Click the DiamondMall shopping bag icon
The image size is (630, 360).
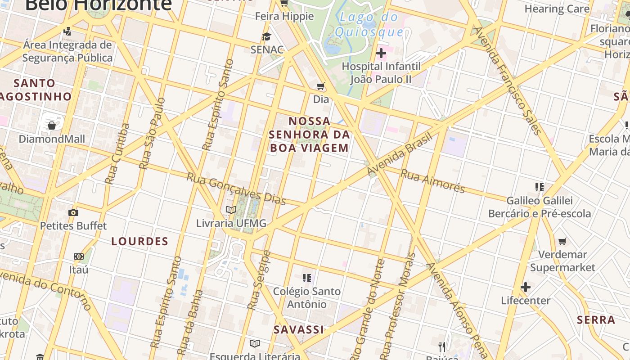tap(52, 126)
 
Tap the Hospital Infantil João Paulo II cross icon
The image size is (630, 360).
tap(381, 54)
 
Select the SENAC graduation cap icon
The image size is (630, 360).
tap(267, 36)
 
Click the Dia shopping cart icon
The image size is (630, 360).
tap(321, 86)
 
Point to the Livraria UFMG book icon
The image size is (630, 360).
tap(231, 210)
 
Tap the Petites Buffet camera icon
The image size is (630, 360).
tap(73, 212)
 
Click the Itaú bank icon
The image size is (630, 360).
tap(79, 256)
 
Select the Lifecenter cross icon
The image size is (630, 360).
tap(526, 287)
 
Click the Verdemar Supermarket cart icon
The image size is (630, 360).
tap(562, 242)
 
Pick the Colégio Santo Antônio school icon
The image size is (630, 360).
tap(307, 278)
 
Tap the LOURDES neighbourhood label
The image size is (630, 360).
tap(140, 241)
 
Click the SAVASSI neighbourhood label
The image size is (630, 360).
tap(299, 329)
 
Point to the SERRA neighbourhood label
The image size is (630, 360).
tap(596, 320)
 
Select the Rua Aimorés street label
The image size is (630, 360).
tap(432, 180)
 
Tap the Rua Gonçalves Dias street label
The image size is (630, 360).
tap(236, 189)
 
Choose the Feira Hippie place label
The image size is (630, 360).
tap(284, 16)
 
